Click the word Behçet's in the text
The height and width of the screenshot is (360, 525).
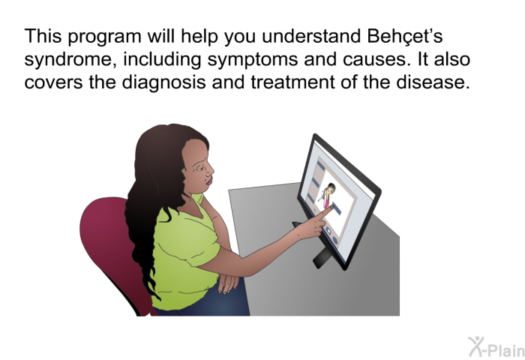pyautogui.click(x=405, y=36)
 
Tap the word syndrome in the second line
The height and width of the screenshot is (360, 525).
pyautogui.click(x=70, y=60)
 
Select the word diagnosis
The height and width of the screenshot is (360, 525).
pyautogui.click(x=163, y=82)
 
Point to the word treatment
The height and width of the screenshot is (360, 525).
pyautogui.click(x=293, y=82)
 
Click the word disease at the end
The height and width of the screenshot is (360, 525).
pyautogui.click(x=433, y=82)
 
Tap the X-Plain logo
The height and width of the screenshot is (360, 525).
pyautogui.click(x=496, y=346)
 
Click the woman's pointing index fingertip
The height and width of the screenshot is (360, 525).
pyautogui.click(x=331, y=208)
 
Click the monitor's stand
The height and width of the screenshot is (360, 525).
pyautogui.click(x=322, y=257)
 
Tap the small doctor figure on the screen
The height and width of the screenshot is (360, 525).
pyautogui.click(x=327, y=196)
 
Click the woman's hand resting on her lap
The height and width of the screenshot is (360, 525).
pyautogui.click(x=228, y=283)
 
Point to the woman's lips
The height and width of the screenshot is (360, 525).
pyautogui.click(x=208, y=181)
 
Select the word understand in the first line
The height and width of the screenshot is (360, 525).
pyautogui.click(x=311, y=36)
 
